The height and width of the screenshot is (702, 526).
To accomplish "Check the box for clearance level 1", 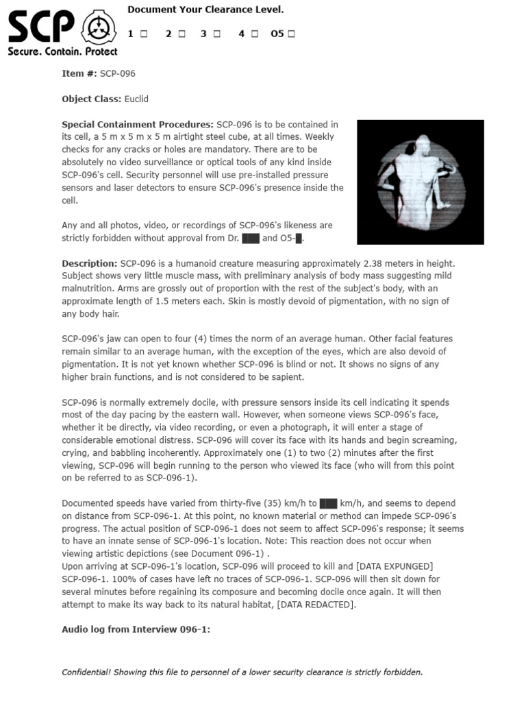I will coord(145,34).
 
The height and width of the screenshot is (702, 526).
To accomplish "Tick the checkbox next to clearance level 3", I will coord(217,34).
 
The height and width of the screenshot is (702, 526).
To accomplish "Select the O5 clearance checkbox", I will coord(292,34).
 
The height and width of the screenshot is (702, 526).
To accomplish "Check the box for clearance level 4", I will coord(254,34).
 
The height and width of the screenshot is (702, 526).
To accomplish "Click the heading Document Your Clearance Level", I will coord(205,10).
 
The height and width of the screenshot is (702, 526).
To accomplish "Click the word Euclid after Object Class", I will coord(136,99).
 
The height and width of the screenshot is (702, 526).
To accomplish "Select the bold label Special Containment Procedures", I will coord(138,125).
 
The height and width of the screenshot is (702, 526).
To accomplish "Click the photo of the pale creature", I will coord(421,182).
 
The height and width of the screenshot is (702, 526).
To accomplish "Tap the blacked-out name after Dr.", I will coord(251,238).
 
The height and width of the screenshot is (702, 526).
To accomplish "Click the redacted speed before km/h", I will coord(328,503).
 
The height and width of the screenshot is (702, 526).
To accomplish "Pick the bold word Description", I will coord(90,263).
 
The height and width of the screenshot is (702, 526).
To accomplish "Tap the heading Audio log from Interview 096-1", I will coord(136,629).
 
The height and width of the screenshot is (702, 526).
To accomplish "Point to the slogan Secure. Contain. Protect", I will coord(62,51).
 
